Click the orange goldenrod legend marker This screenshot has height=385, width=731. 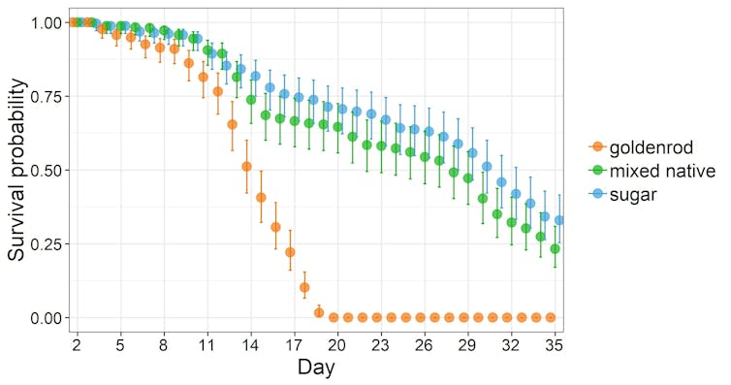coord(596,146)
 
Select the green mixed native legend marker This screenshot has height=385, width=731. coord(596,171)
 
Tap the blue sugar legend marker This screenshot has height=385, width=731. coord(596,195)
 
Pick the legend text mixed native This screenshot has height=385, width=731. coord(663,171)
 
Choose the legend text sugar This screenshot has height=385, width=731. coord(632,195)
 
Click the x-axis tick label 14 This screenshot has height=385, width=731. coord(250,343)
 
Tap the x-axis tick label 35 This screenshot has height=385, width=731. coord(555,343)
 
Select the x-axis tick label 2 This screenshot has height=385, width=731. coord(76,343)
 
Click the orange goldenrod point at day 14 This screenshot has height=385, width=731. coord(246,167)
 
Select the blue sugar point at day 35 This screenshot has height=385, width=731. coord(558,220)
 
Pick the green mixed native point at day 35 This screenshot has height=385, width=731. coord(555,249)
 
